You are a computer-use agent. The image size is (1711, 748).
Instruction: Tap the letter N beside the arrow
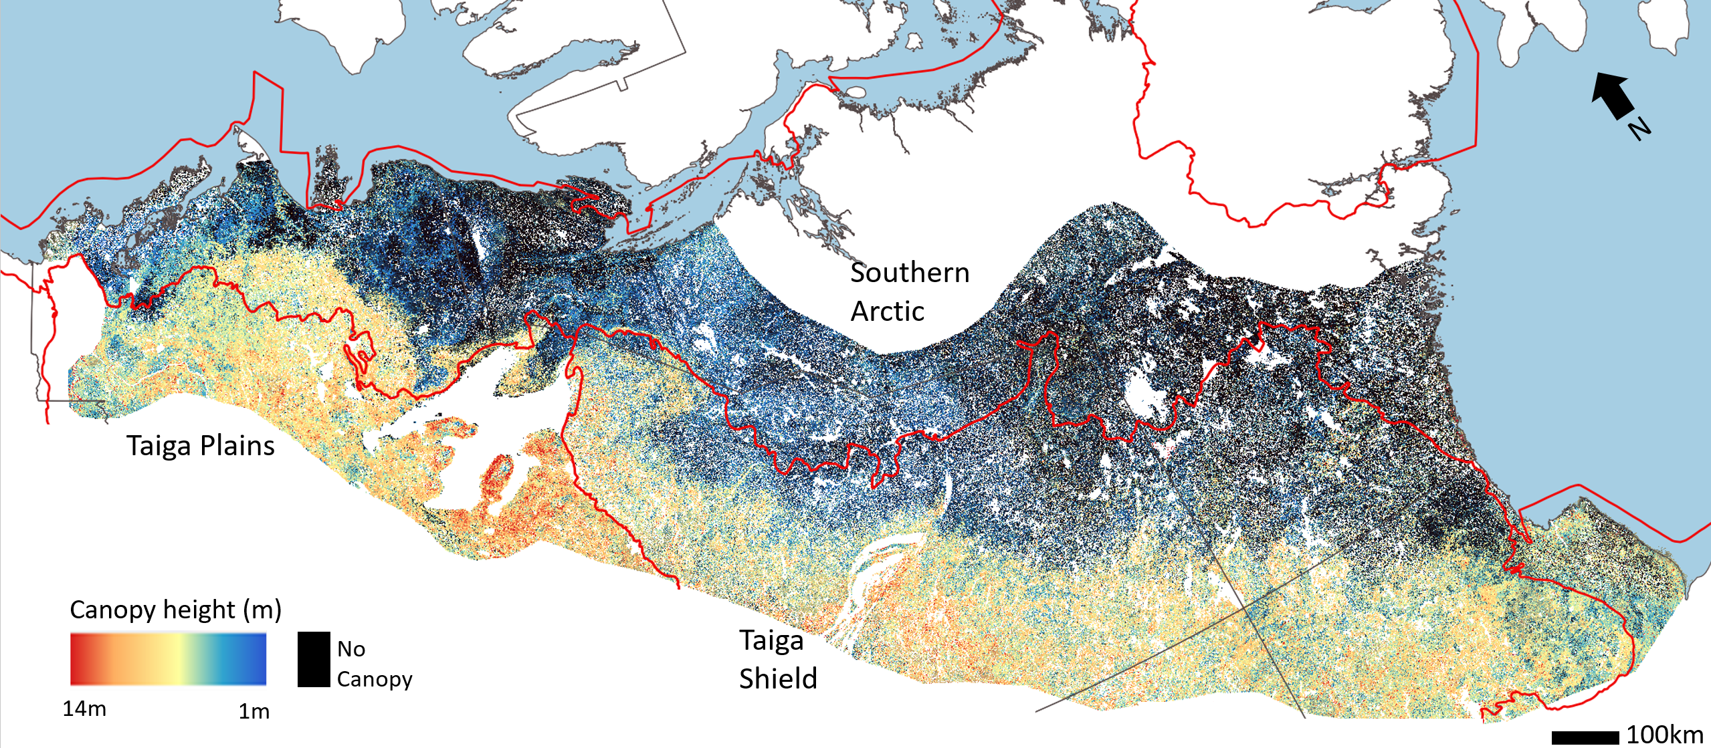click(x=1639, y=128)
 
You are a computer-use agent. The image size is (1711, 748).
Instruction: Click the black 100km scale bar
click(x=1585, y=737)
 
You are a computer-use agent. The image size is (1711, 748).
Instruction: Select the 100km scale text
click(x=1664, y=735)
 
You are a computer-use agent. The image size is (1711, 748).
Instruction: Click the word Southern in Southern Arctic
click(x=910, y=273)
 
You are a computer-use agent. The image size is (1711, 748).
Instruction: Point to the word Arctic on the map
click(x=887, y=311)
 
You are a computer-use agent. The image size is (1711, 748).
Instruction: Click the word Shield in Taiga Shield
click(x=778, y=678)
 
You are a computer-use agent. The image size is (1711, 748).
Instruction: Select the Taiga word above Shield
click(x=771, y=640)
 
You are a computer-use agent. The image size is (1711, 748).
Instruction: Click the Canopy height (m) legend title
click(x=175, y=610)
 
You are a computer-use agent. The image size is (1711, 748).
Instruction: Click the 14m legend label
click(x=84, y=709)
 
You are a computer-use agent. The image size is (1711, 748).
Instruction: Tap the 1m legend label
click(x=254, y=711)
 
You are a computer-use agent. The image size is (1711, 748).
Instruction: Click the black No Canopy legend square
click(x=314, y=659)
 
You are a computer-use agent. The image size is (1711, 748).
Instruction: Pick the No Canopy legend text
click(x=374, y=664)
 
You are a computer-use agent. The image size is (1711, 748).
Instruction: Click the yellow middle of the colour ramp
click(x=177, y=659)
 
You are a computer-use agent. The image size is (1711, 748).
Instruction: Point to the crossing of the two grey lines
click(x=1246, y=609)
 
